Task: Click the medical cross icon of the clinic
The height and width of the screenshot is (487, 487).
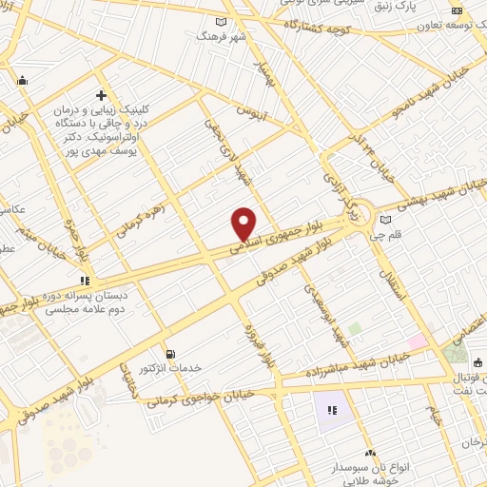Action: [x=102, y=96]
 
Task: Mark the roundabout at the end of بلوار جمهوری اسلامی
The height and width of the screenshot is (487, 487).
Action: [x=360, y=209]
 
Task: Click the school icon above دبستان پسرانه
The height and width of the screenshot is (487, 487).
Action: [x=84, y=281]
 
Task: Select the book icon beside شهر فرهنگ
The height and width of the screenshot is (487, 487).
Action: [x=222, y=22]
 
